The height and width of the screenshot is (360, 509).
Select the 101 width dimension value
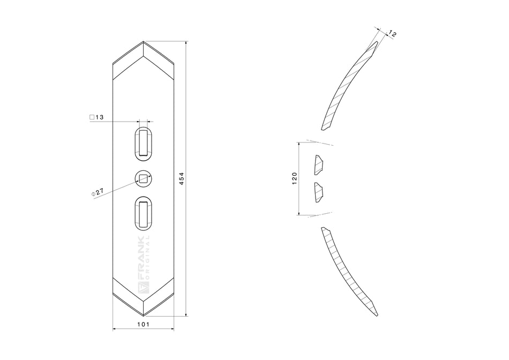[144, 324]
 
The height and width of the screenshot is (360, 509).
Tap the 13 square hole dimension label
[100, 117]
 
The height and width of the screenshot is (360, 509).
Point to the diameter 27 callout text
[99, 191]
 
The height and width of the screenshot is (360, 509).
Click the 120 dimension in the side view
[294, 178]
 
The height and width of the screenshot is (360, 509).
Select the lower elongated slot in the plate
[143, 213]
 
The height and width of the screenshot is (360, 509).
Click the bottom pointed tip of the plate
[143, 316]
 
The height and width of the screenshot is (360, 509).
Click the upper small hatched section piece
[319, 165]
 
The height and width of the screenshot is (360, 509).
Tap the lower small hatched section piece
[319, 192]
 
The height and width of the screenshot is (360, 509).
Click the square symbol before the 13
[92, 117]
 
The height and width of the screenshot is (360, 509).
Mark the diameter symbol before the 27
[93, 192]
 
